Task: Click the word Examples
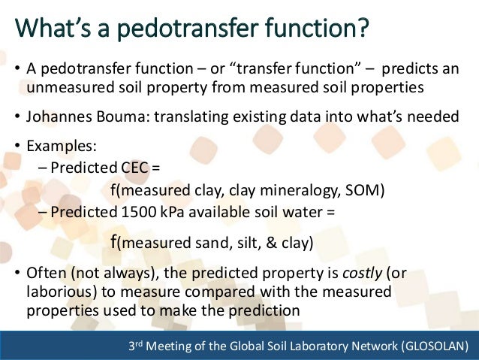[57, 144]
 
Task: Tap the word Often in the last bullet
[46, 274]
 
